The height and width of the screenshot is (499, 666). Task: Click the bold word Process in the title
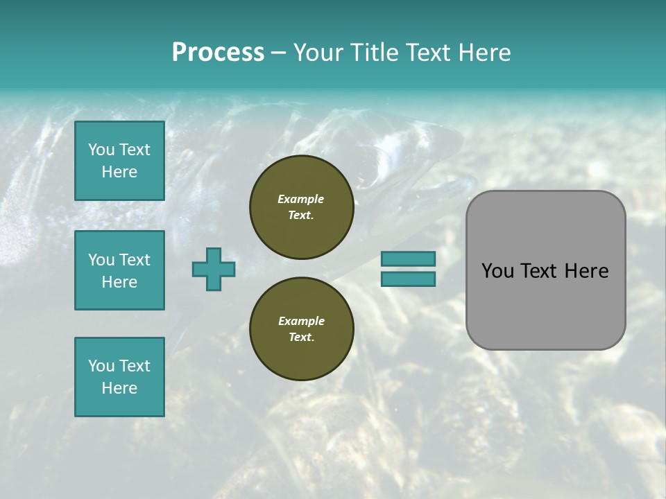point(218,53)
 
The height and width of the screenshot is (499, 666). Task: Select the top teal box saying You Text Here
point(119,161)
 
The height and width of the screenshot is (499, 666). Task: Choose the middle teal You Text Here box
point(119,270)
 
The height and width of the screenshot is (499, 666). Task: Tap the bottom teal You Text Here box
point(119,377)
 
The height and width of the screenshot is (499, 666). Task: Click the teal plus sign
point(214,269)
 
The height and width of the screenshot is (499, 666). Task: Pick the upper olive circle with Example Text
point(301,207)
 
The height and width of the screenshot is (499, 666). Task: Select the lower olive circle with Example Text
point(301,329)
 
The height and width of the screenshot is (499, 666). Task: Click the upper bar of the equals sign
point(408,259)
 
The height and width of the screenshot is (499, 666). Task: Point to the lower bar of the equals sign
point(408,279)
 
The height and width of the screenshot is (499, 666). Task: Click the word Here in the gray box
point(587,271)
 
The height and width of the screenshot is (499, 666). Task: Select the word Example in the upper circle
point(301,200)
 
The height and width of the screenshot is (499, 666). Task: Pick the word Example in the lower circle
point(301,322)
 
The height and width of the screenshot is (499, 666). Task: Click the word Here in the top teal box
point(119,172)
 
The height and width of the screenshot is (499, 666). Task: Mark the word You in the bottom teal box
point(101,366)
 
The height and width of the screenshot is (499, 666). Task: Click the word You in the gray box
point(497,271)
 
